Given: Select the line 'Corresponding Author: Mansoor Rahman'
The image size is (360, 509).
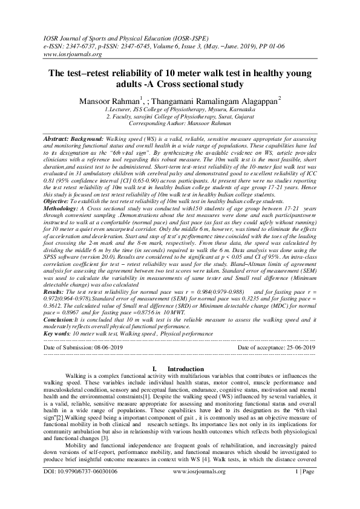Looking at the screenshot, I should [180, 122].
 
